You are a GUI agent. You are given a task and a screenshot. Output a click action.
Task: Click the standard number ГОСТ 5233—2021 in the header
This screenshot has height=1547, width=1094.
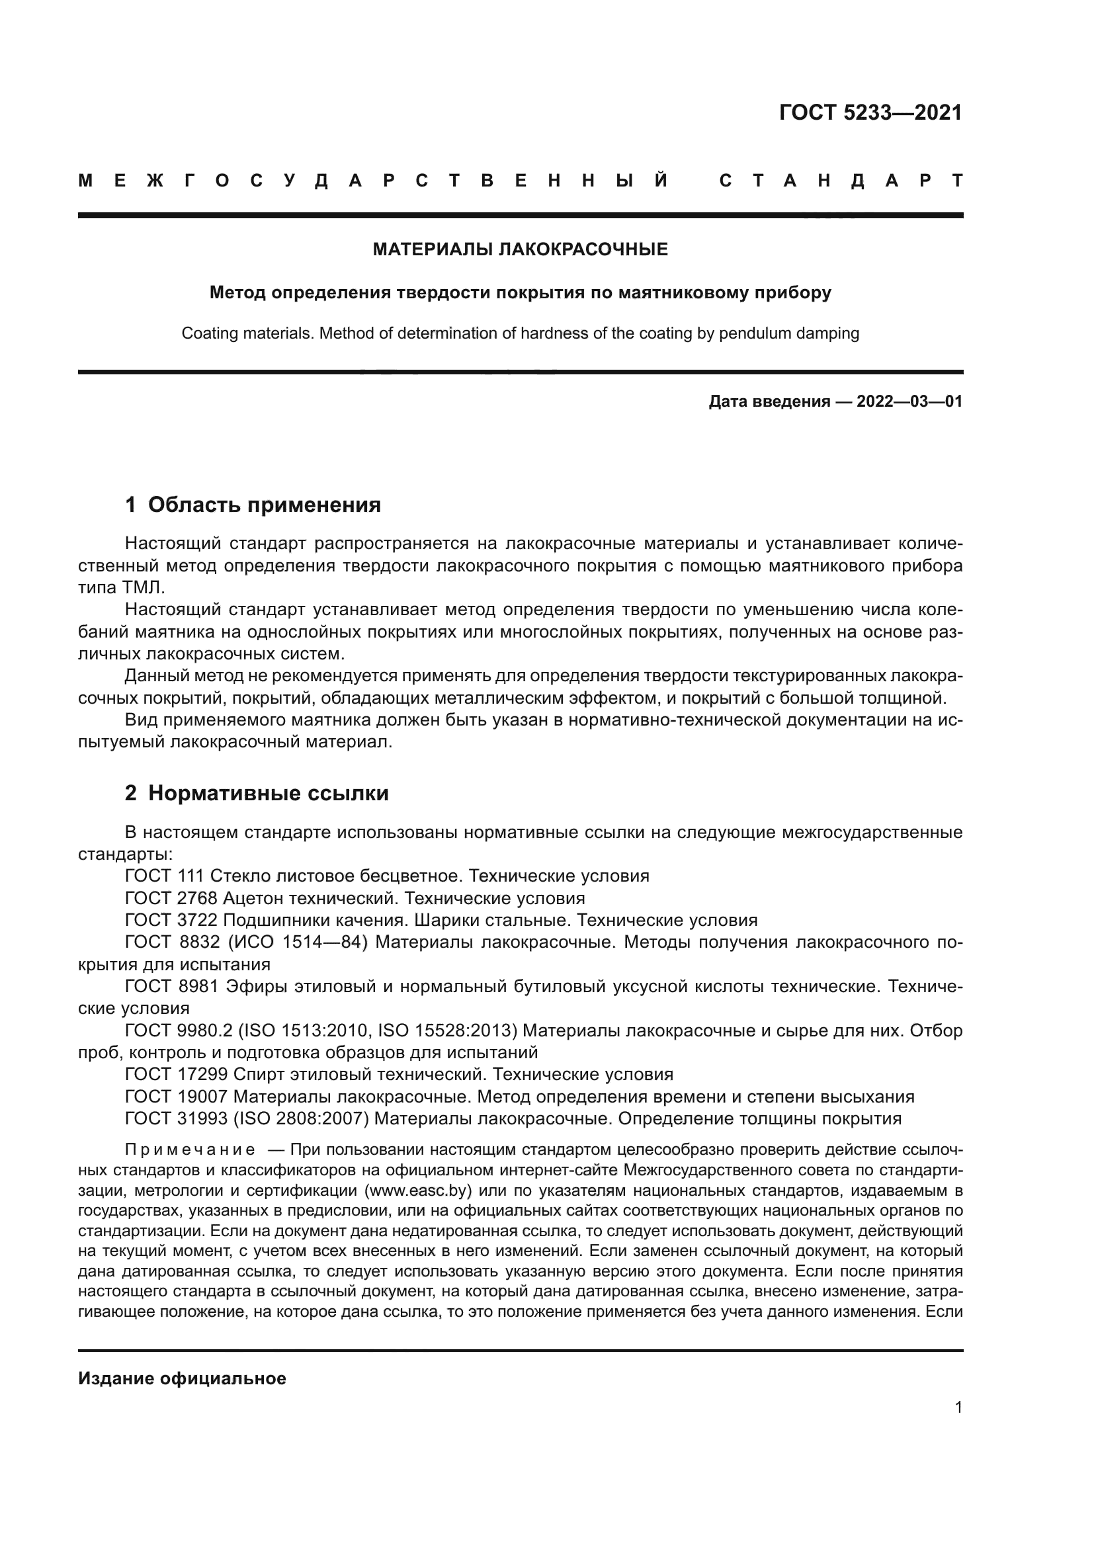click(870, 112)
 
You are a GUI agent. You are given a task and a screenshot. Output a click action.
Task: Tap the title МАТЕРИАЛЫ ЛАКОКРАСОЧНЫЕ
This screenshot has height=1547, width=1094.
click(520, 250)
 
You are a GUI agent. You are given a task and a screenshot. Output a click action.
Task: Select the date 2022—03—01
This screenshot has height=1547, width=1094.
click(909, 402)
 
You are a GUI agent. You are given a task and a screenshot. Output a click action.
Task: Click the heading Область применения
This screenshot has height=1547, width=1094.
click(264, 505)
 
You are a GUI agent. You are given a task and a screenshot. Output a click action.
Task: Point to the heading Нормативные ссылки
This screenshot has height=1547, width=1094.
click(268, 794)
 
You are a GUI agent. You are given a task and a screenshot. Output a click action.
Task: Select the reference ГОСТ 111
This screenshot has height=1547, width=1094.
click(165, 876)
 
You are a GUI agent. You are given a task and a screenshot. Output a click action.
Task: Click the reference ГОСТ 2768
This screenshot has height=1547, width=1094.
click(171, 899)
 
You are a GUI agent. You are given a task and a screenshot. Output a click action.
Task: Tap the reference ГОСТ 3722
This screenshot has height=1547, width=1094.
click(171, 921)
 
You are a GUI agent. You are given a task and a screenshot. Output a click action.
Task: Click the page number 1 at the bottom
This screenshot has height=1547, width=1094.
click(958, 1407)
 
